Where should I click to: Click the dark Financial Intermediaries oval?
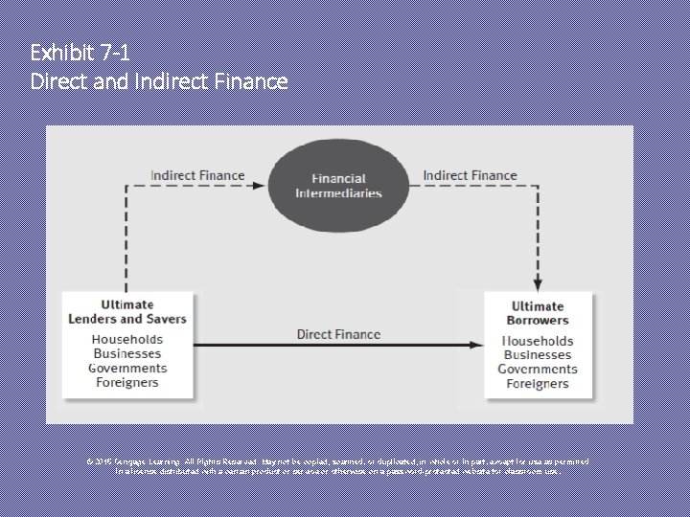pyautogui.click(x=338, y=186)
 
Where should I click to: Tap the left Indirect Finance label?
pyautogui.click(x=197, y=175)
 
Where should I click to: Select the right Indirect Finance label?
pyautogui.click(x=470, y=175)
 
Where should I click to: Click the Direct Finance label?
pyautogui.click(x=338, y=334)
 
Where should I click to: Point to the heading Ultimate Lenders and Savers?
pyautogui.click(x=127, y=311)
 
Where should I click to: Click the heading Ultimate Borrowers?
pyautogui.click(x=538, y=313)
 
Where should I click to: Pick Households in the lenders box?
pyautogui.click(x=127, y=340)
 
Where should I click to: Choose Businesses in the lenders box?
pyautogui.click(x=127, y=354)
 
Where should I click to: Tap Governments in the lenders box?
pyautogui.click(x=127, y=369)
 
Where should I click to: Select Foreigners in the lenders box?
pyautogui.click(x=127, y=383)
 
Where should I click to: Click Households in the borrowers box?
pyautogui.click(x=538, y=341)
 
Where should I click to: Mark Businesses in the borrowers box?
pyautogui.click(x=538, y=355)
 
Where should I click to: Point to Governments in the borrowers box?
pyautogui.click(x=538, y=370)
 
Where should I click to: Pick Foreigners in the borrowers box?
pyautogui.click(x=538, y=384)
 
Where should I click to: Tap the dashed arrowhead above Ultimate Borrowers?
pyautogui.click(x=538, y=283)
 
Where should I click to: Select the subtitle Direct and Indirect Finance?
pyautogui.click(x=159, y=81)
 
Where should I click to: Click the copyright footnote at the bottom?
pyautogui.click(x=338, y=465)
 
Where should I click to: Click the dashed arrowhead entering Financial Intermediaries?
pyautogui.click(x=261, y=186)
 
